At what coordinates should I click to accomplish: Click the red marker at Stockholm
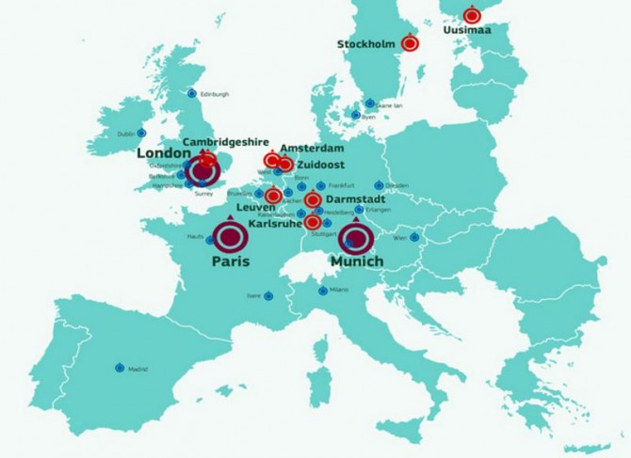410,42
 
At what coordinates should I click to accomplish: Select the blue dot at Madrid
120,368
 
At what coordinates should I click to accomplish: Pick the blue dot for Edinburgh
192,93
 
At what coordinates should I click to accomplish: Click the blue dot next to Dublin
142,133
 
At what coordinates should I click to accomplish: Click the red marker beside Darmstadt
312,200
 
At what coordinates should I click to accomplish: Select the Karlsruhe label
275,224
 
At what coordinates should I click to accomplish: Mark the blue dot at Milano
320,289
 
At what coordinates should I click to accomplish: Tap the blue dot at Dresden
380,185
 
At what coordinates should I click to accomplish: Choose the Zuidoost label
320,164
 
